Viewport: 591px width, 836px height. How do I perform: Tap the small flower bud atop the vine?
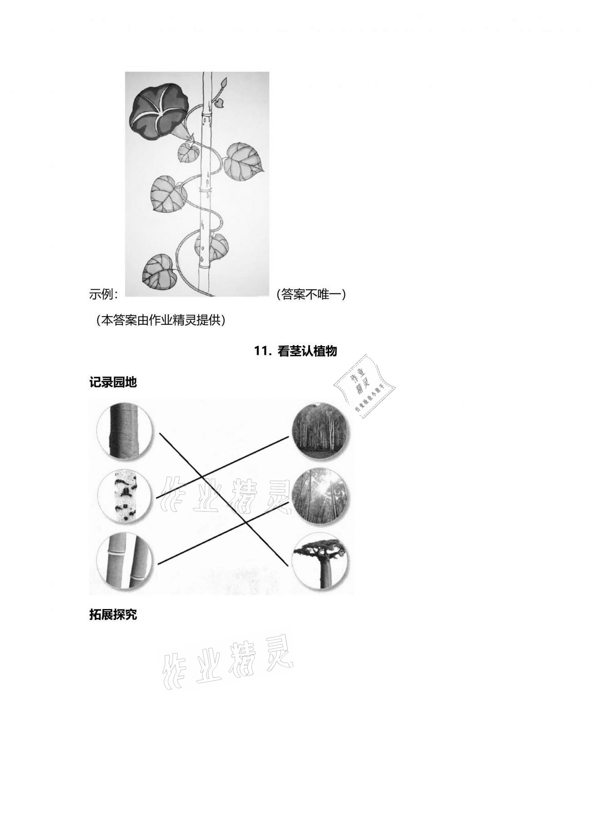tap(223, 83)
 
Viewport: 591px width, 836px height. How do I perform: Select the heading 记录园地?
tap(113, 382)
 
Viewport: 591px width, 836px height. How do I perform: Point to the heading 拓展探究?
tap(113, 615)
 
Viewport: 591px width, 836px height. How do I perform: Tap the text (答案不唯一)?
tap(311, 295)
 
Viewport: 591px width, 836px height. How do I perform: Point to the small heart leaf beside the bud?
tap(220, 103)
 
